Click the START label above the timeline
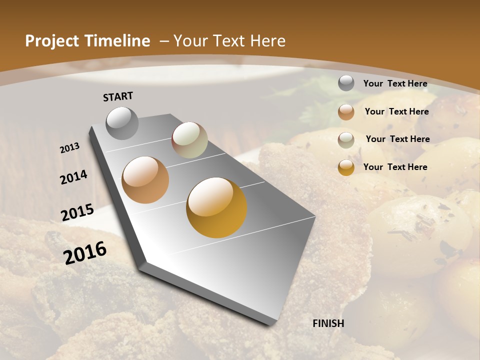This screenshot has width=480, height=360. pyautogui.click(x=118, y=96)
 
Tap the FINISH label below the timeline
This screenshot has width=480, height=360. pyautogui.click(x=328, y=323)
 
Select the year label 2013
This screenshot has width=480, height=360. pyautogui.click(x=70, y=148)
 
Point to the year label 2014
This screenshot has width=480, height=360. pyautogui.click(x=74, y=177)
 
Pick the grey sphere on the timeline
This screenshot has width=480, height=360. pyautogui.click(x=122, y=123)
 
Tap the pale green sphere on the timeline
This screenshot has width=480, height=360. pyautogui.click(x=190, y=140)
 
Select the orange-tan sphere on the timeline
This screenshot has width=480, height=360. pyautogui.click(x=145, y=180)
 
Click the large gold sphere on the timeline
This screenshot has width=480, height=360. pyautogui.click(x=216, y=207)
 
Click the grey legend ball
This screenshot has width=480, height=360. pyautogui.click(x=346, y=83)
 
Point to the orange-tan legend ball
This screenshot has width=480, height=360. pyautogui.click(x=346, y=112)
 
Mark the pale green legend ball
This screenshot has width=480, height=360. pyautogui.click(x=346, y=140)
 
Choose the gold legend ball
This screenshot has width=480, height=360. pyautogui.click(x=346, y=167)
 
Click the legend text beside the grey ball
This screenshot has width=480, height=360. pyautogui.click(x=395, y=83)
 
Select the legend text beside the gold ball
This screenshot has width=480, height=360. pyautogui.click(x=395, y=167)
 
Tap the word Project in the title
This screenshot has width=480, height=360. pyautogui.click(x=51, y=41)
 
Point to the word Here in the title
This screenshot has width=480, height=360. pyautogui.click(x=268, y=41)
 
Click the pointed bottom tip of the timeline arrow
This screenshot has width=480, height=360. pyautogui.click(x=272, y=323)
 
